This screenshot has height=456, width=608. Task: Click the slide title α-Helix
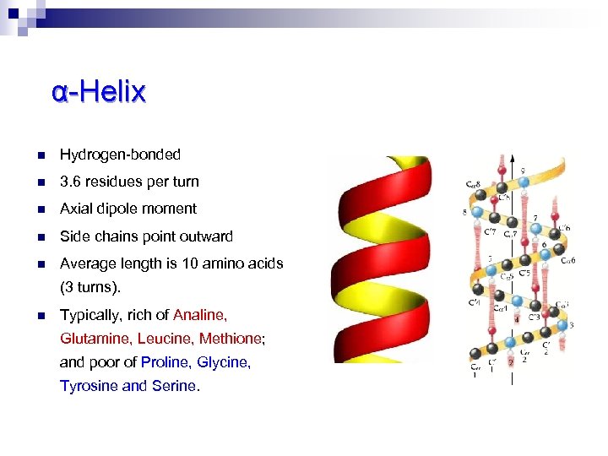coord(98,91)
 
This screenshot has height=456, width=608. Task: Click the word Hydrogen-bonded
coord(120,155)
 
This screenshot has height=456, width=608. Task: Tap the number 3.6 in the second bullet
coord(69,182)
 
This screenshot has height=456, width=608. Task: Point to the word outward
coord(206,236)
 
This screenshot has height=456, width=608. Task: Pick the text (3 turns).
coord(90,287)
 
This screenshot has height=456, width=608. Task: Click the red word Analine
coord(199,315)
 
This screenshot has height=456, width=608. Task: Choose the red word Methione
coord(232,339)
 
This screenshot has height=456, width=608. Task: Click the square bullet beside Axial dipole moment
coord(41,209)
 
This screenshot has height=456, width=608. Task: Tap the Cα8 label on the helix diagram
coord(475,184)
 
